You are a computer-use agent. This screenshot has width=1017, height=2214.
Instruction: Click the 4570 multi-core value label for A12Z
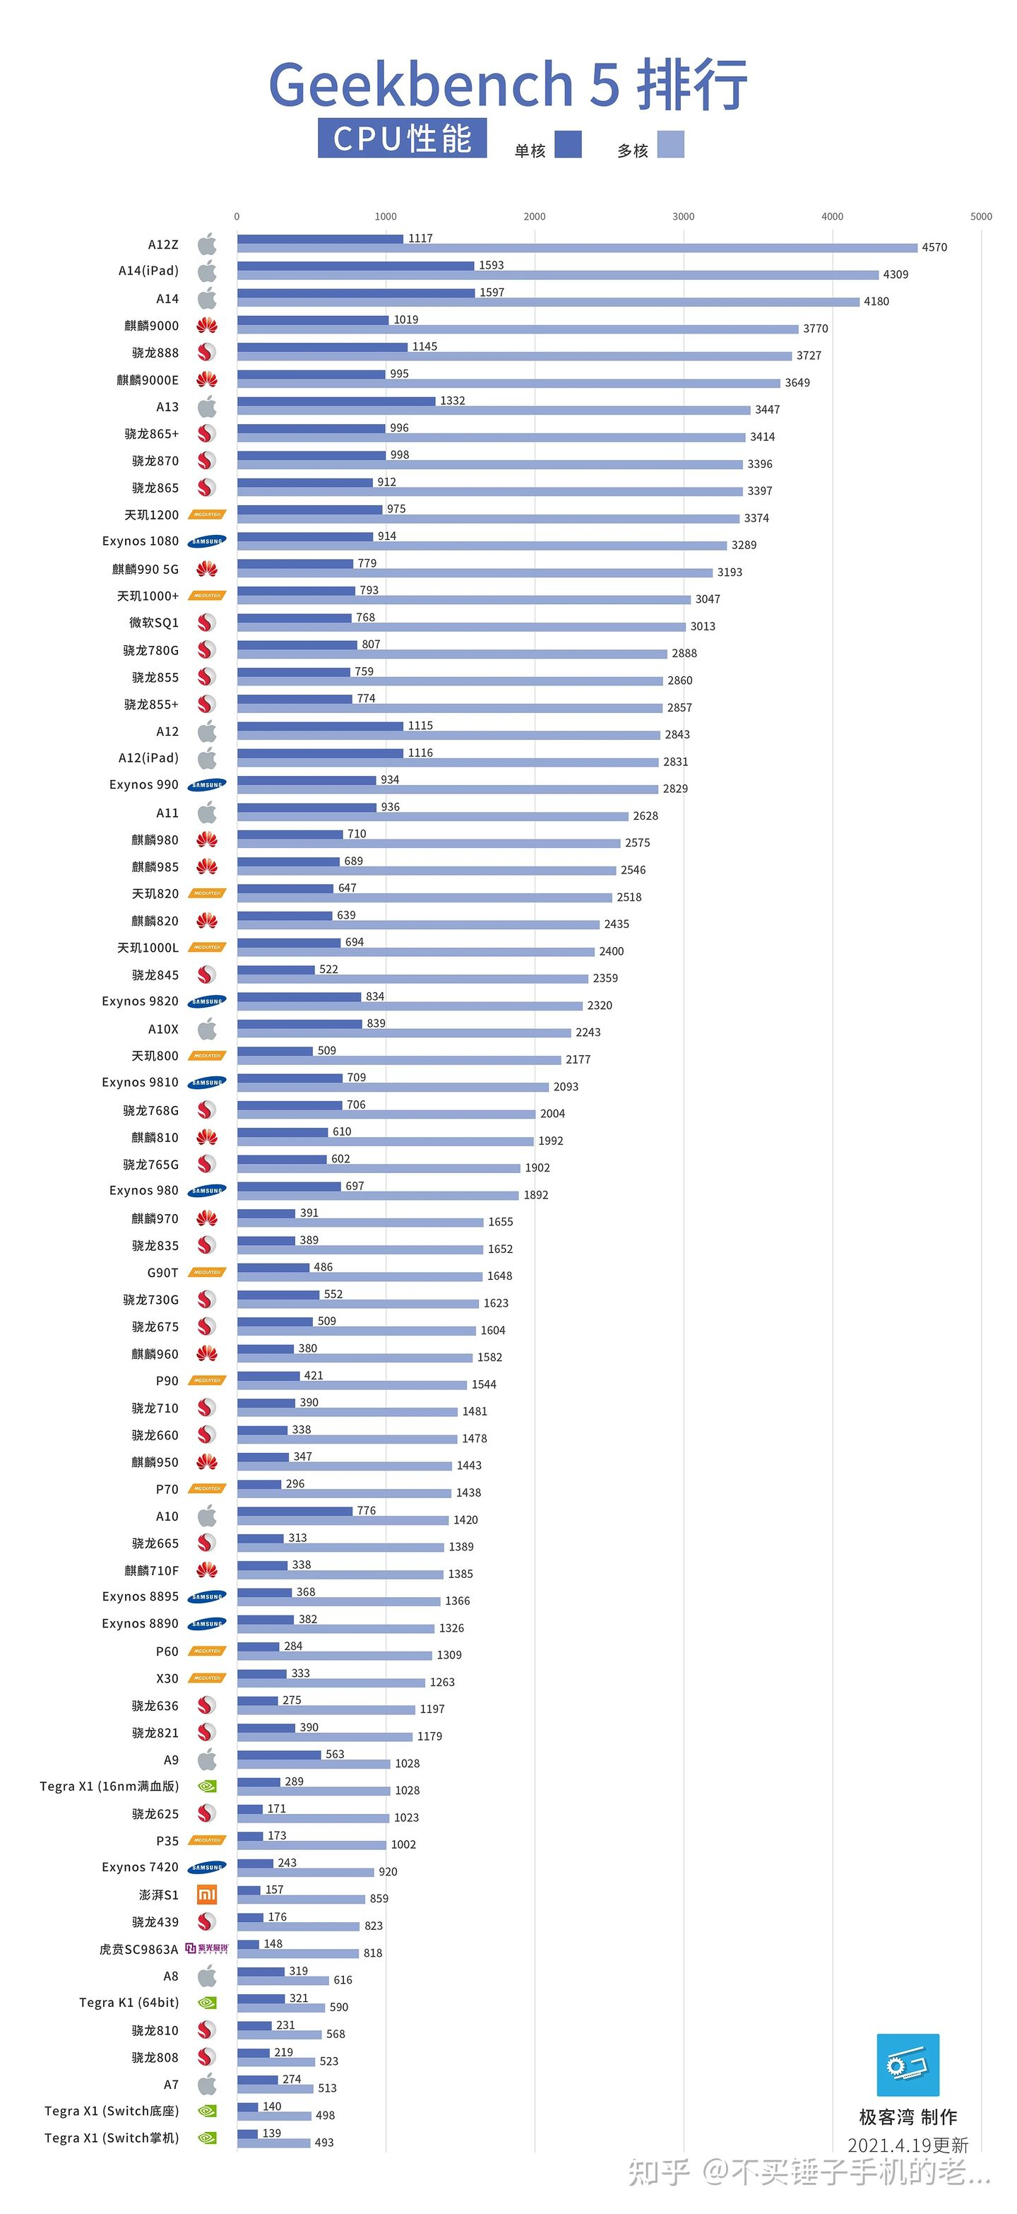934,247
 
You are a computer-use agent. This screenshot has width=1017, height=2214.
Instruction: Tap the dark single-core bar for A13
336,401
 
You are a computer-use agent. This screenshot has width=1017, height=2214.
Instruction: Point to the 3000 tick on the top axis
683,216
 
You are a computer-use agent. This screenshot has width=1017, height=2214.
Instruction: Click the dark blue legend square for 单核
568,144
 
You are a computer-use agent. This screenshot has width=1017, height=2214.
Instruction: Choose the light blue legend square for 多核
671,144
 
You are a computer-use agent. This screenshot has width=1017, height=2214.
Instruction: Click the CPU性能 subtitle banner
402,139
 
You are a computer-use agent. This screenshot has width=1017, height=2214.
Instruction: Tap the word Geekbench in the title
422,84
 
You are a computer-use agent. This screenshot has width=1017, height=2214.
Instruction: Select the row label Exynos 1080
140,541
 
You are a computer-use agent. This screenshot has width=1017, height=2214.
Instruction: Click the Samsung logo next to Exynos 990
207,784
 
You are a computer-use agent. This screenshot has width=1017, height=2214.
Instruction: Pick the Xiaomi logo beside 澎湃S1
207,1895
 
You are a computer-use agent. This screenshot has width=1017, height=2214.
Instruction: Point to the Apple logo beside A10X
207,1029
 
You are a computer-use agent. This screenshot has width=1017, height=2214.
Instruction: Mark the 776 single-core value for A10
366,1510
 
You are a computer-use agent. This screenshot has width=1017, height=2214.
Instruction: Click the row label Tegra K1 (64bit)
129,2003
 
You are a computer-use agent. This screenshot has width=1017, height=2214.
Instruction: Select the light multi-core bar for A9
314,1764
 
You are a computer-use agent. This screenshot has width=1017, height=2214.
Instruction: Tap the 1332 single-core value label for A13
453,401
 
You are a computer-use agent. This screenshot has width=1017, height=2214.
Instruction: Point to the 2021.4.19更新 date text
908,2145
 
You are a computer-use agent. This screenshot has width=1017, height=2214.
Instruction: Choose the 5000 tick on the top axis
981,216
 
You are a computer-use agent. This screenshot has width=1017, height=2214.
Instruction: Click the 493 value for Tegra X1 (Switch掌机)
324,2142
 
